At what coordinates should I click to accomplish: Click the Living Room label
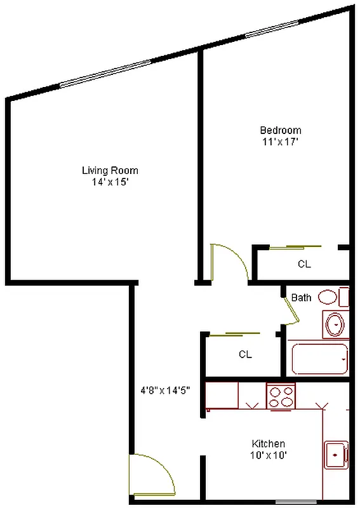110,170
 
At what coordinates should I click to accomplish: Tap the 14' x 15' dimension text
110,182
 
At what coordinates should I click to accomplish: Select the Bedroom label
279,130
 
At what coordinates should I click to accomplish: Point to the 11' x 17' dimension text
279,142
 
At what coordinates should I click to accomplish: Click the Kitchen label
269,443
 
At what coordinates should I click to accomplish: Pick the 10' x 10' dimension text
269,455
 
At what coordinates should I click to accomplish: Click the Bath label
301,297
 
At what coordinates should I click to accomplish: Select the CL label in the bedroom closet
304,264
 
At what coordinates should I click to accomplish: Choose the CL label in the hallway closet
245,354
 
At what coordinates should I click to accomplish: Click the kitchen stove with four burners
281,397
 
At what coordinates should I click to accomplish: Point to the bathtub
319,359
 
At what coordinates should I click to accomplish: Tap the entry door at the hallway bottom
152,475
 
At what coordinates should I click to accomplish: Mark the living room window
106,73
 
